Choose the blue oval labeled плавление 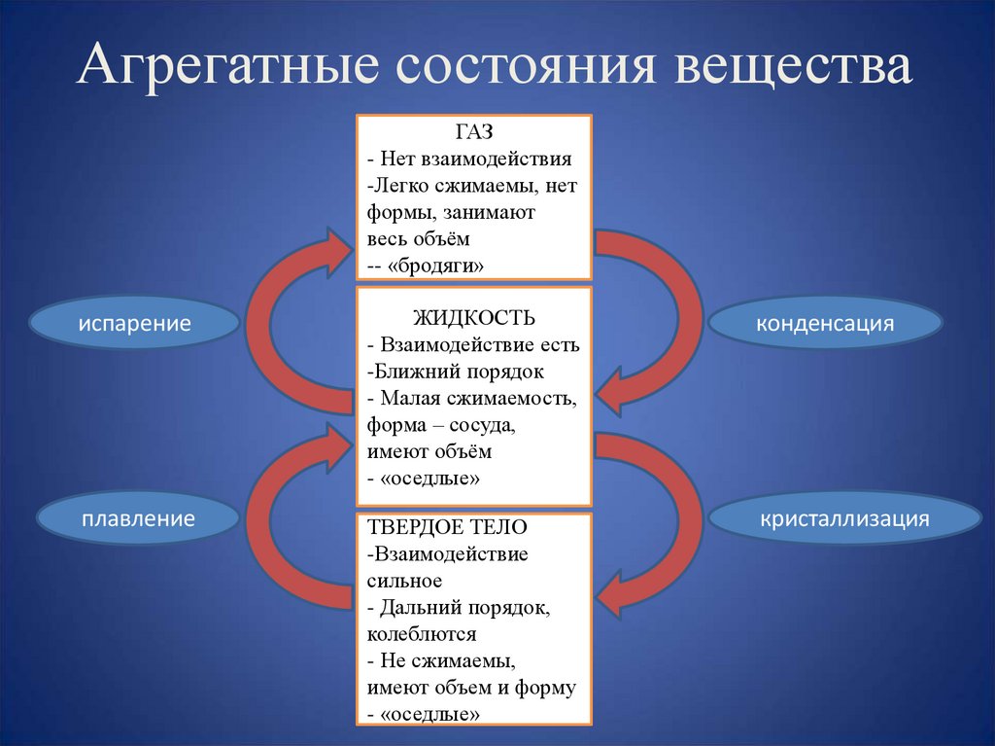pos(138,518)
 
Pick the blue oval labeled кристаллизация pos(844,518)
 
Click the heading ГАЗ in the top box pos(473,130)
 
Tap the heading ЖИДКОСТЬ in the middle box pos(473,319)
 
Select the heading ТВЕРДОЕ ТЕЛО pos(447,527)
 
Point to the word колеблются pos(422,634)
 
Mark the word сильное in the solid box pos(405,581)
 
